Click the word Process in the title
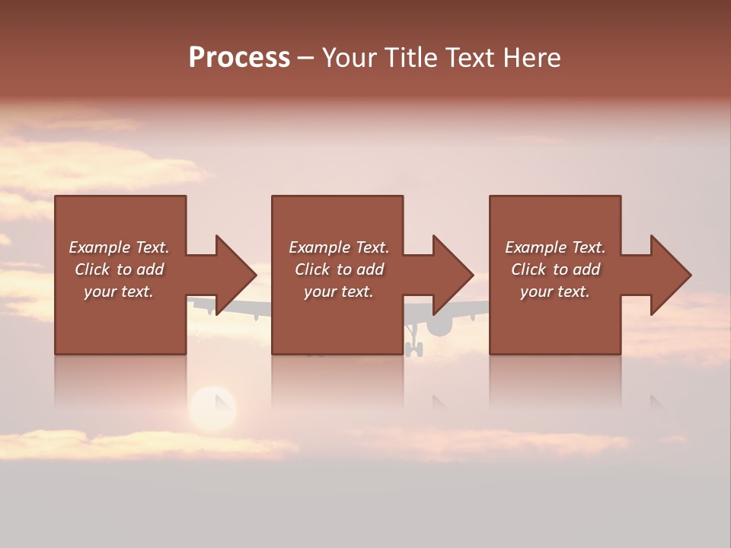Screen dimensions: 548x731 [x=239, y=58]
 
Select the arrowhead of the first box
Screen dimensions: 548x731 [x=236, y=275]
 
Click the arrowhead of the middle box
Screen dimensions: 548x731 [x=453, y=275]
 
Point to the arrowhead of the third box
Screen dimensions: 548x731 [x=671, y=275]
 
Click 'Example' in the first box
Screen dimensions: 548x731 [x=99, y=247]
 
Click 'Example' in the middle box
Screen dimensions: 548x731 [x=319, y=247]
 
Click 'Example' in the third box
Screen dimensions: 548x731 [x=535, y=247]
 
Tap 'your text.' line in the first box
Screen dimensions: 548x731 [x=119, y=292]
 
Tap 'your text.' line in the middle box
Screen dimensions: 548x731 [x=338, y=292]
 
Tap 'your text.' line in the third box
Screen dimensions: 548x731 [x=554, y=292]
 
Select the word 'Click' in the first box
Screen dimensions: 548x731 [x=92, y=269]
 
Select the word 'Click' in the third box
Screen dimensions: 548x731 [x=528, y=269]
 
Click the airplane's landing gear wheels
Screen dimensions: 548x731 [x=413, y=349]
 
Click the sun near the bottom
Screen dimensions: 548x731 [x=212, y=407]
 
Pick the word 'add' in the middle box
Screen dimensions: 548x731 [x=370, y=269]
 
